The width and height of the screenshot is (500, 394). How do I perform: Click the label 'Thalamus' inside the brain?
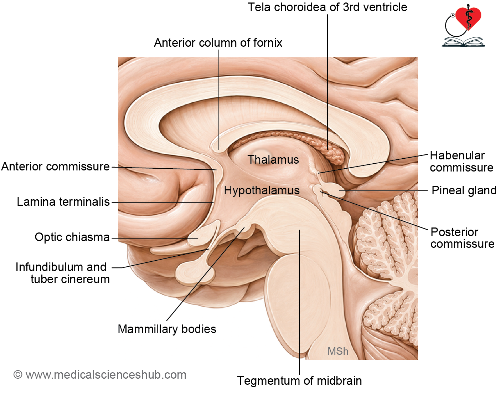[273, 160]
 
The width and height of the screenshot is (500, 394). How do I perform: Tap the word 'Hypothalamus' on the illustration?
[262, 191]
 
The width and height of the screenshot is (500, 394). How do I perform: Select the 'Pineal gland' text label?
[464, 190]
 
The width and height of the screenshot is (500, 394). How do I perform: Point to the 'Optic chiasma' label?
[72, 237]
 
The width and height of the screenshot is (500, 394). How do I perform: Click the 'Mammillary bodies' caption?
[167, 329]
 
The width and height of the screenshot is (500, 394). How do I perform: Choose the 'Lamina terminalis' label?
[63, 202]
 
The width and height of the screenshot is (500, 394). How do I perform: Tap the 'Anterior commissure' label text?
[55, 167]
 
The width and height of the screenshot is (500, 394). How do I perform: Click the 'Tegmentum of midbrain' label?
[299, 381]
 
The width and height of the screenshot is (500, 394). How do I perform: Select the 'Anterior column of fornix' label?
[218, 43]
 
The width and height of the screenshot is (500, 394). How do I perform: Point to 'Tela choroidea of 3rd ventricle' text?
[328, 7]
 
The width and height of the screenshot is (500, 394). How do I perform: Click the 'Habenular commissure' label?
[462, 161]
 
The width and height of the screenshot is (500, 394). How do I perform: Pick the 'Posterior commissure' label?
[462, 238]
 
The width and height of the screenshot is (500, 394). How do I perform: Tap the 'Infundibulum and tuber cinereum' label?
[62, 273]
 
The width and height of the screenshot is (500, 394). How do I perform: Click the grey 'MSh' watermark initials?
[338, 352]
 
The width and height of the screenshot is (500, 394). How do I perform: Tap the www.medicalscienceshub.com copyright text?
[100, 375]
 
